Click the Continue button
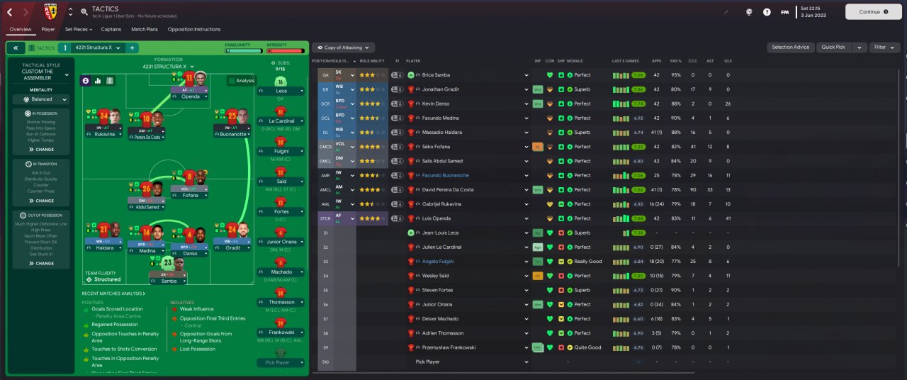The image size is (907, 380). [x=872, y=11]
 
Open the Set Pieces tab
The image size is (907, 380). [x=76, y=29]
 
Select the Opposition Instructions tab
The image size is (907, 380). [x=193, y=29]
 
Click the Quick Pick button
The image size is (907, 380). [x=833, y=47]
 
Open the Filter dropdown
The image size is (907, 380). [x=884, y=47]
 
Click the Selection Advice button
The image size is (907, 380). [x=790, y=47]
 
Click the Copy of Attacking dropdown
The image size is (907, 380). [x=344, y=47]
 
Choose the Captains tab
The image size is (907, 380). [x=111, y=29]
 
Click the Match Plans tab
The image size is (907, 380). [x=145, y=29]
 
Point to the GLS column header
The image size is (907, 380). [x=728, y=61]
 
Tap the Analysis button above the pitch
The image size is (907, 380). [x=242, y=81]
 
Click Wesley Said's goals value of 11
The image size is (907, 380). [x=728, y=276]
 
